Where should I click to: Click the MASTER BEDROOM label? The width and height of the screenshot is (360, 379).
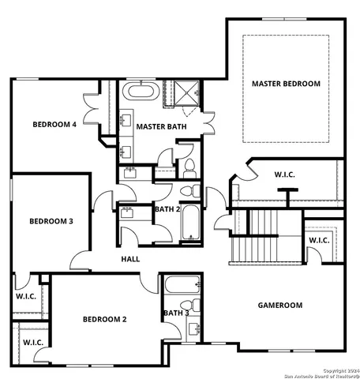coord(286,83)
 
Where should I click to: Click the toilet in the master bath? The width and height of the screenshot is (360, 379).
coord(189,167)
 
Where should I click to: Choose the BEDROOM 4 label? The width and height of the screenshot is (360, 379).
coord(54,124)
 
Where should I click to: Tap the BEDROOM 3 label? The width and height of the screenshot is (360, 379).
coord(51,221)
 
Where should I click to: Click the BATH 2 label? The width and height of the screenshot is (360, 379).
coord(168,209)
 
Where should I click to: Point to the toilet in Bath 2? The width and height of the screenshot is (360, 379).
coord(189,191)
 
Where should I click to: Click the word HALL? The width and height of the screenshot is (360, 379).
coord(131,259)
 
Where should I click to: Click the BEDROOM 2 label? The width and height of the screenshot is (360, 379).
coord(105,319)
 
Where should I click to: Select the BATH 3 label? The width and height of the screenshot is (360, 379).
coord(175,313)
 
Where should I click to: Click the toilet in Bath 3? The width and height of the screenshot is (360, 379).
coord(188,306)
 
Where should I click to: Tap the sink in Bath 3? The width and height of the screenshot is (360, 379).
coord(192,328)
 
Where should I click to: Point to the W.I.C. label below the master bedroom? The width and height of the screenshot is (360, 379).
coord(285,174)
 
